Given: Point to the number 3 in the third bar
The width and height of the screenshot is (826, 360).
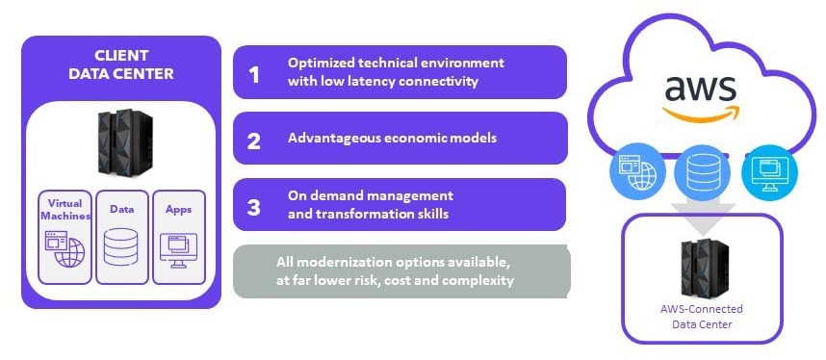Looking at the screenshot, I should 254,206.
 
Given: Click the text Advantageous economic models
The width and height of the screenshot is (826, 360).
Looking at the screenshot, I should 392,138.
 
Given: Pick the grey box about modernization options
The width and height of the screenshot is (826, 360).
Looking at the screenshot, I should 402,271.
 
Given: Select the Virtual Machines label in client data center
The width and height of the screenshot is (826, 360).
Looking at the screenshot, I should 65,209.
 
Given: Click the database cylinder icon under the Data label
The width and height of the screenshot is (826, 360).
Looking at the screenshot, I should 120,248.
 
